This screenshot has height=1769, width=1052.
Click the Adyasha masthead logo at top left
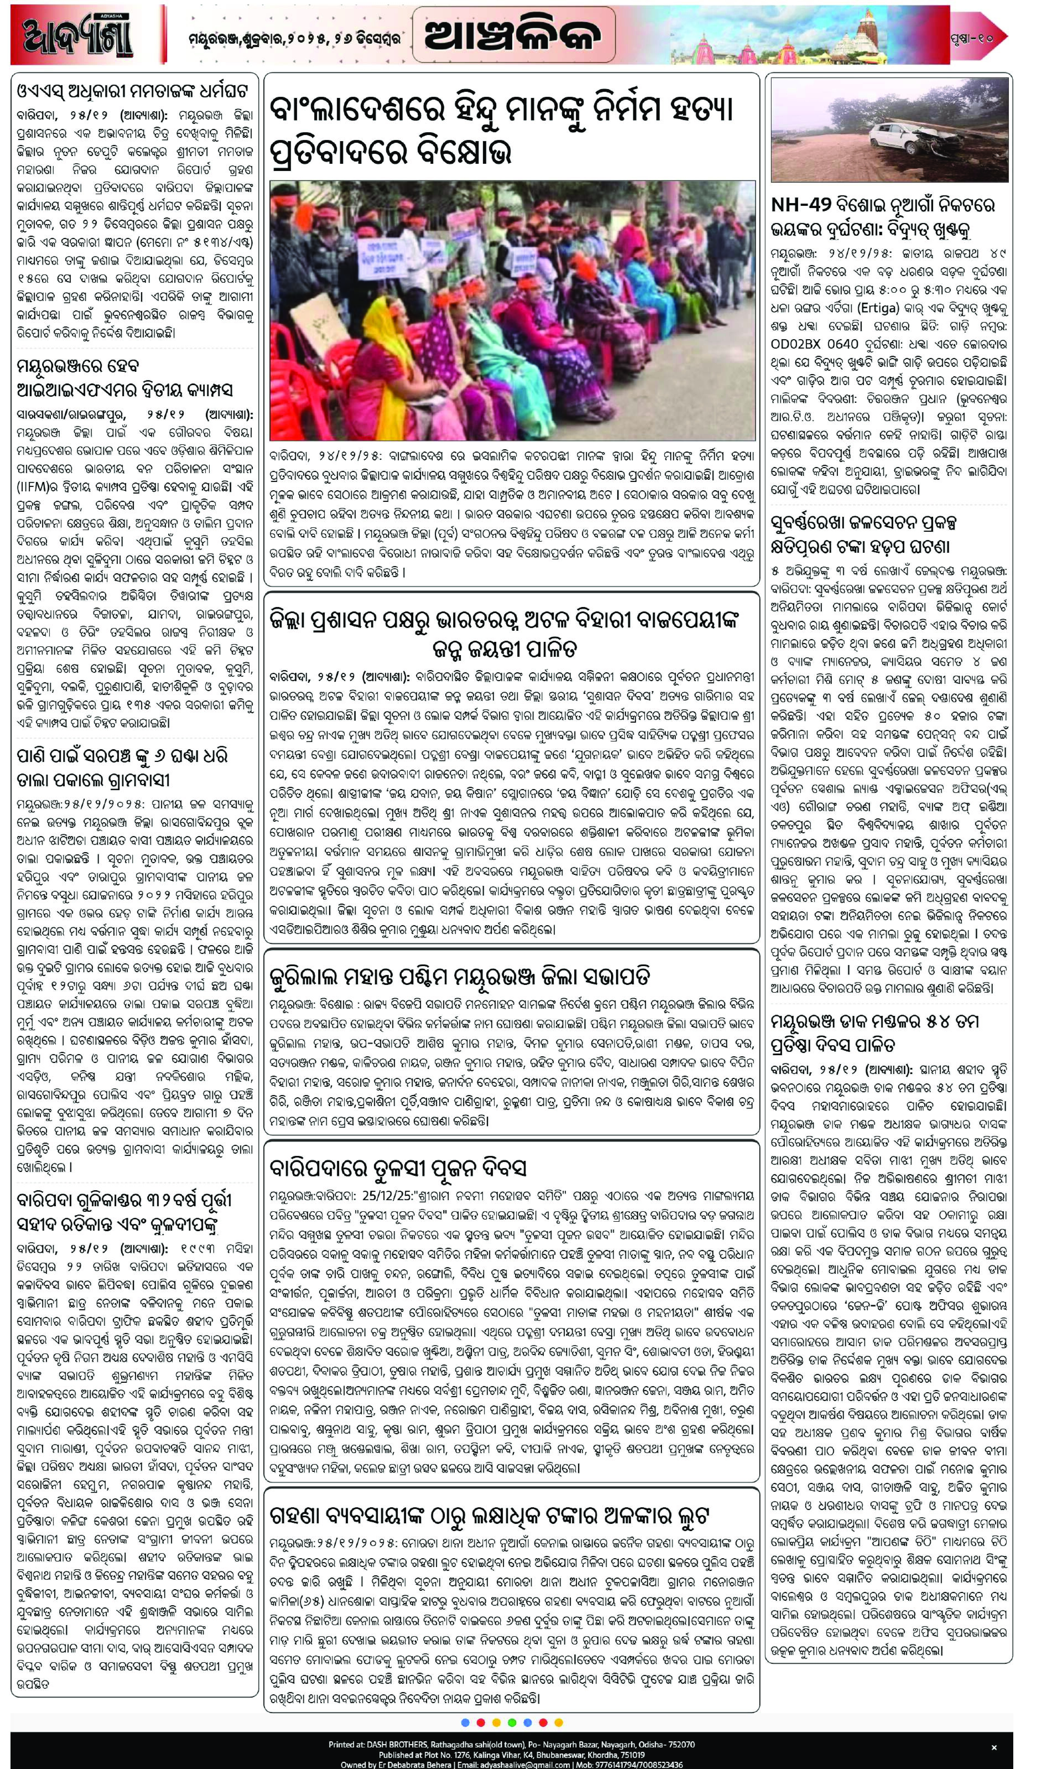click(78, 35)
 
